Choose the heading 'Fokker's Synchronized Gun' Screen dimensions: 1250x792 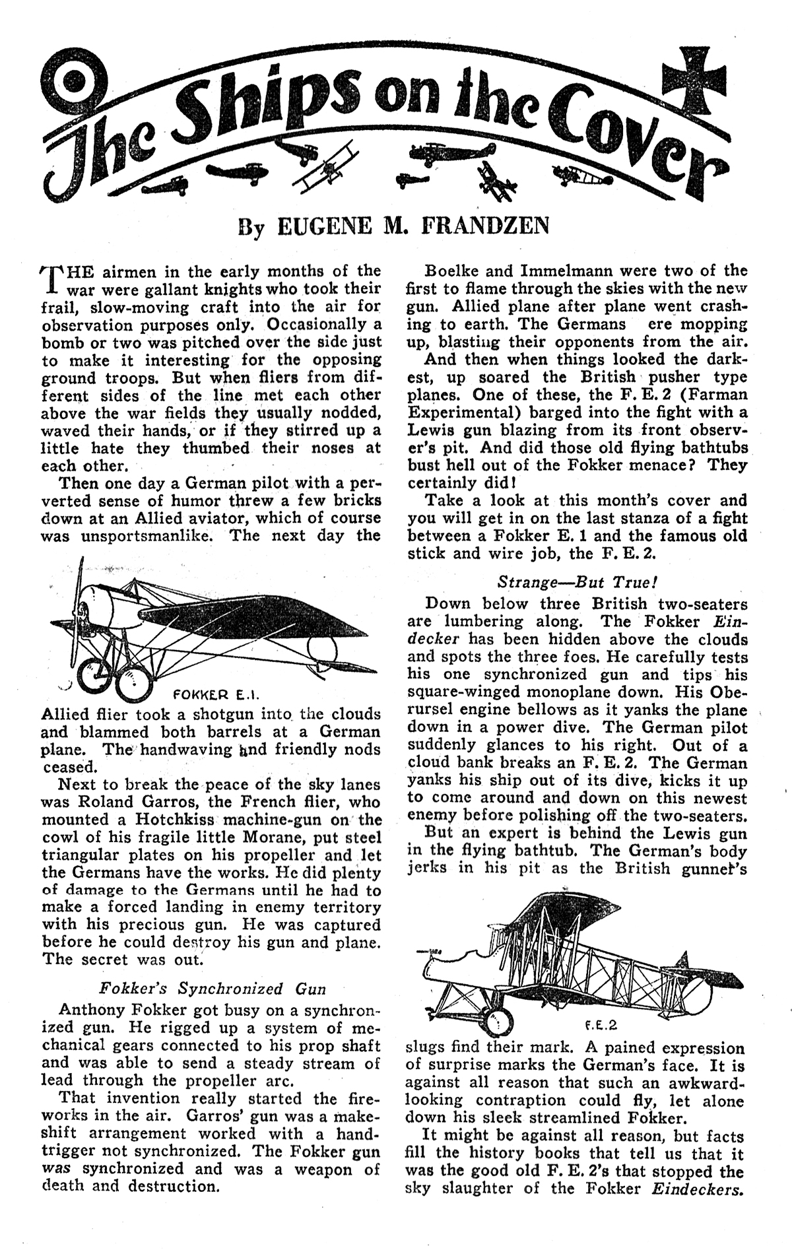pyautogui.click(x=212, y=989)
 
